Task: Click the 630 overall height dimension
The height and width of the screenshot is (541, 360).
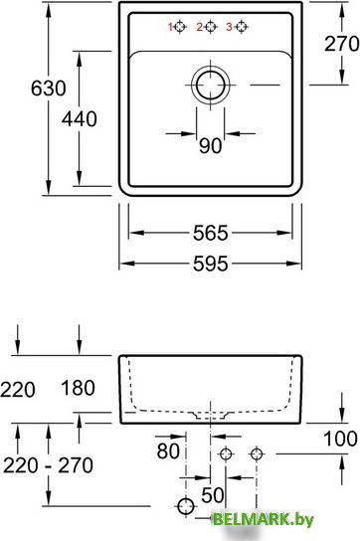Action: click(x=49, y=88)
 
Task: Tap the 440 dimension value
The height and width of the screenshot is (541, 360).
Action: click(x=80, y=119)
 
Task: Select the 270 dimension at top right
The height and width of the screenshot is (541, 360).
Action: click(x=342, y=44)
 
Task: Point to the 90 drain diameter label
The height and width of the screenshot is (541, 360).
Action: click(x=210, y=145)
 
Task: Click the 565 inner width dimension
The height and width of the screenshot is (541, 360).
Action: click(x=211, y=233)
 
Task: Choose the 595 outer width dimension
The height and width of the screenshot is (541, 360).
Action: click(x=211, y=264)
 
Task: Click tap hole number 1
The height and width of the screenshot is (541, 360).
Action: click(x=180, y=27)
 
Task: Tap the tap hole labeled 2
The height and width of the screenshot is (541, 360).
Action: click(x=211, y=27)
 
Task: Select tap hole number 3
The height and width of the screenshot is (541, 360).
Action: click(x=242, y=27)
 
